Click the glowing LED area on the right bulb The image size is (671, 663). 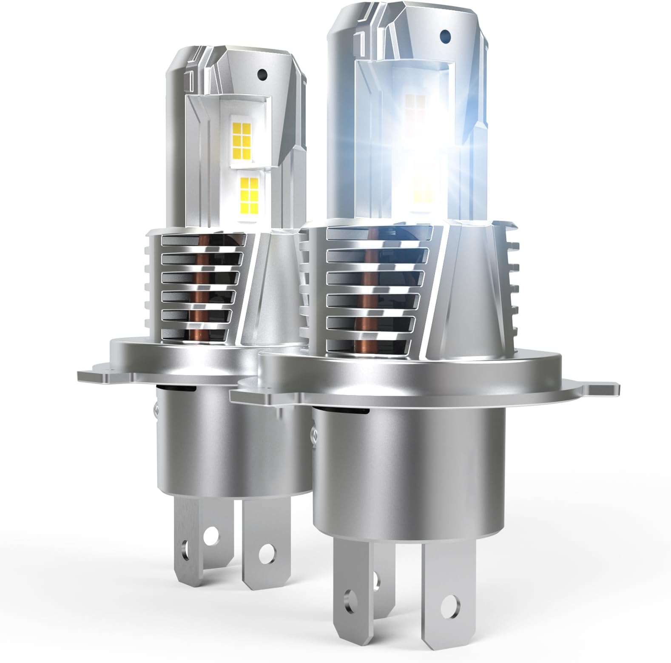click(419, 140)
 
